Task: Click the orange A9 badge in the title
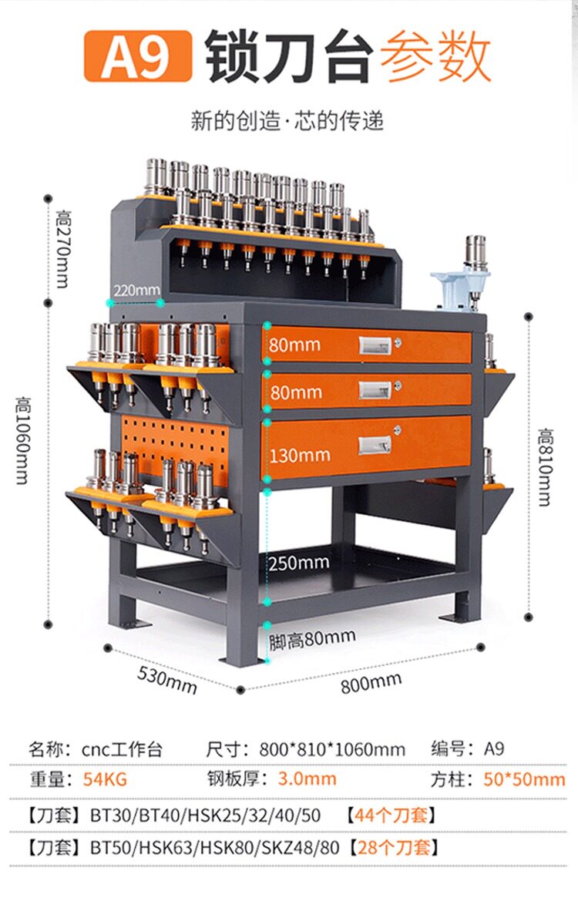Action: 137,55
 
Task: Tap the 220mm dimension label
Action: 135,291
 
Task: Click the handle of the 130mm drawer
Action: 375,445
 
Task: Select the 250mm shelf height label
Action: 299,563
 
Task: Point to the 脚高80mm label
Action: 312,639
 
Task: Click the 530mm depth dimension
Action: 167,678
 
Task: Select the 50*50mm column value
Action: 524,779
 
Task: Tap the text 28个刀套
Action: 395,849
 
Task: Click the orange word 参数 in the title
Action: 437,57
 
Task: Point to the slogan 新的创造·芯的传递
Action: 287,121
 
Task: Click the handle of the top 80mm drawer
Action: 375,347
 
